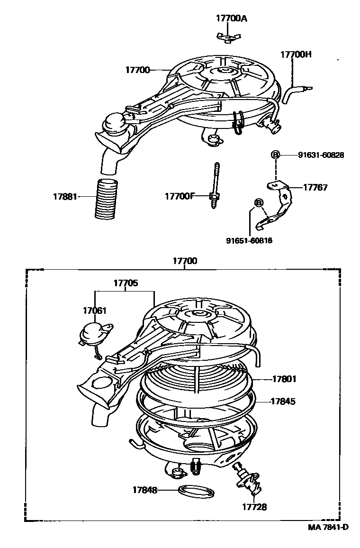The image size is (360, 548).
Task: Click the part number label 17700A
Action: pyautogui.click(x=231, y=18)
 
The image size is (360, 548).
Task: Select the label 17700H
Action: pyautogui.click(x=296, y=55)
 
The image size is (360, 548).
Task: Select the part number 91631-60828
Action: pyautogui.click(x=321, y=155)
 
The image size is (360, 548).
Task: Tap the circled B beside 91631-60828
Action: pyautogui.click(x=275, y=155)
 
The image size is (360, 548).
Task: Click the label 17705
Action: pyautogui.click(x=126, y=283)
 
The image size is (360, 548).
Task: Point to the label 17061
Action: pyautogui.click(x=95, y=311)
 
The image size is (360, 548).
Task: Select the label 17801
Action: pyautogui.click(x=284, y=379)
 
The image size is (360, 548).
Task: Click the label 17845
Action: pyautogui.click(x=283, y=402)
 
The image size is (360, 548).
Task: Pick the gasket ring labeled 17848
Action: pyautogui.click(x=195, y=491)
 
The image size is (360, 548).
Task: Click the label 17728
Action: pyautogui.click(x=255, y=507)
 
